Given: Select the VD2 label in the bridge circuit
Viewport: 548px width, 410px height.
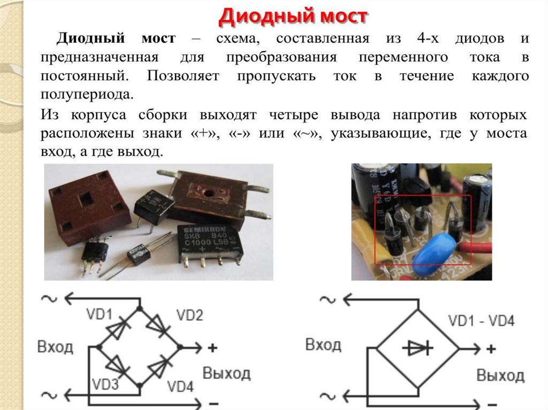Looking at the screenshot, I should coord(189,315).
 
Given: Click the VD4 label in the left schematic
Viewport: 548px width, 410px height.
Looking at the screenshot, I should coord(180,386).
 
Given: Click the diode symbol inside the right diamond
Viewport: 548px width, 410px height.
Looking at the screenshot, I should coord(418,349).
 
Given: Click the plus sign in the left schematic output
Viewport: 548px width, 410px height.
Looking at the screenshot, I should coord(213,348).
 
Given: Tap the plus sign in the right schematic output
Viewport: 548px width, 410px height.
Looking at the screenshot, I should coord(490,349).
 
